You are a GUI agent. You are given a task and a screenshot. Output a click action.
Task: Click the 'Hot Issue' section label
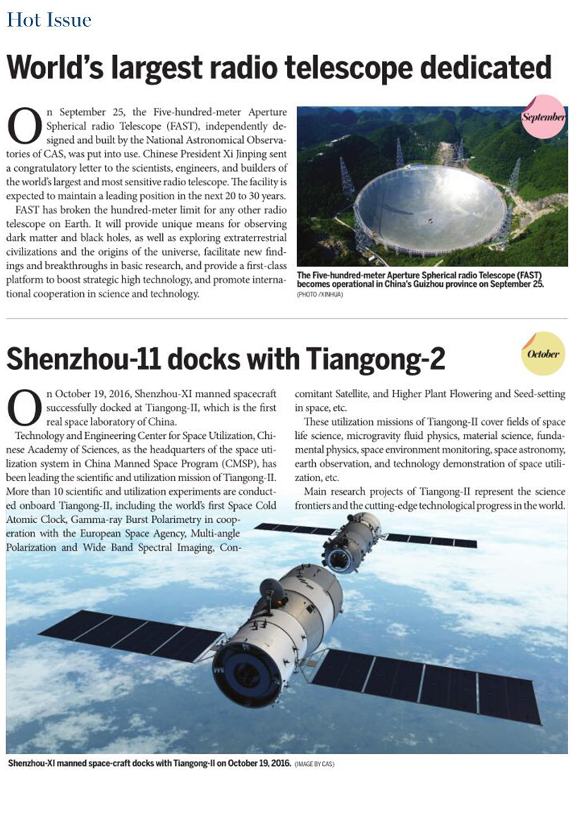(x=49, y=20)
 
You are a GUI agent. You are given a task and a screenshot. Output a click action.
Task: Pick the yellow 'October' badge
(x=543, y=354)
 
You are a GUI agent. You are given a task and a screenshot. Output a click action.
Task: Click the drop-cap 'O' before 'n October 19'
(x=23, y=405)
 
